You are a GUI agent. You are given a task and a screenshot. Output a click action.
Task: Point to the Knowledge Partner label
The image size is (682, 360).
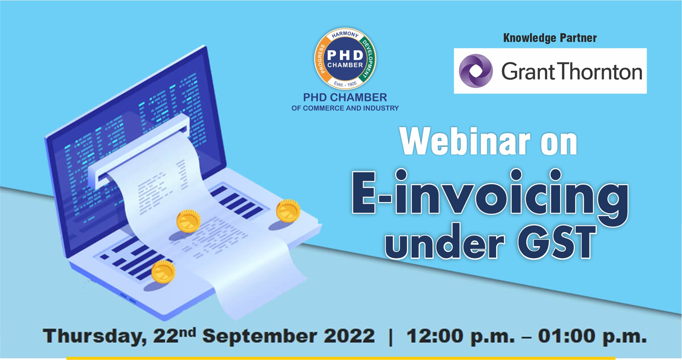click(x=550, y=38)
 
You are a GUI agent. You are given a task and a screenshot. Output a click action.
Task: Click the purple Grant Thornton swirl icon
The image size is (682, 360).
click(x=476, y=71)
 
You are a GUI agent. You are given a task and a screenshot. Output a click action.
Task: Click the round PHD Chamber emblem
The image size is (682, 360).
click(x=345, y=59)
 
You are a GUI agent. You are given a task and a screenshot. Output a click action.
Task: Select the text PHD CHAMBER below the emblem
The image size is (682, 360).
click(x=345, y=98)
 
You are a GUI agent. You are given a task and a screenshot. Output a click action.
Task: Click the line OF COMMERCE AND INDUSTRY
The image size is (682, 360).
click(x=345, y=108)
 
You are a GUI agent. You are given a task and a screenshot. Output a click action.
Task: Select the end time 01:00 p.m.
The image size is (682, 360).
click(x=592, y=337)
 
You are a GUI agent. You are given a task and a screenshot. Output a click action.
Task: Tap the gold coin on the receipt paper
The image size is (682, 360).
click(x=188, y=221)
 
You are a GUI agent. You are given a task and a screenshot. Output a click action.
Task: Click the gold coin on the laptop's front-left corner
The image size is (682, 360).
click(x=163, y=271)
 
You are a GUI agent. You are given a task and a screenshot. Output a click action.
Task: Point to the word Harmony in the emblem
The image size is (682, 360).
click(x=345, y=35)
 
